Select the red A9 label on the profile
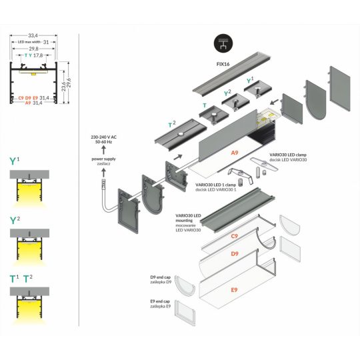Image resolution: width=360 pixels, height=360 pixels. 235,153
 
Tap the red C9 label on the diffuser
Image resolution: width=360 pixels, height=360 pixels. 234,236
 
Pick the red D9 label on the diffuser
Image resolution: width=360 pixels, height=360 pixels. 234,254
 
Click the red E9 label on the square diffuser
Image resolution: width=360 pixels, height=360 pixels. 233,290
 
